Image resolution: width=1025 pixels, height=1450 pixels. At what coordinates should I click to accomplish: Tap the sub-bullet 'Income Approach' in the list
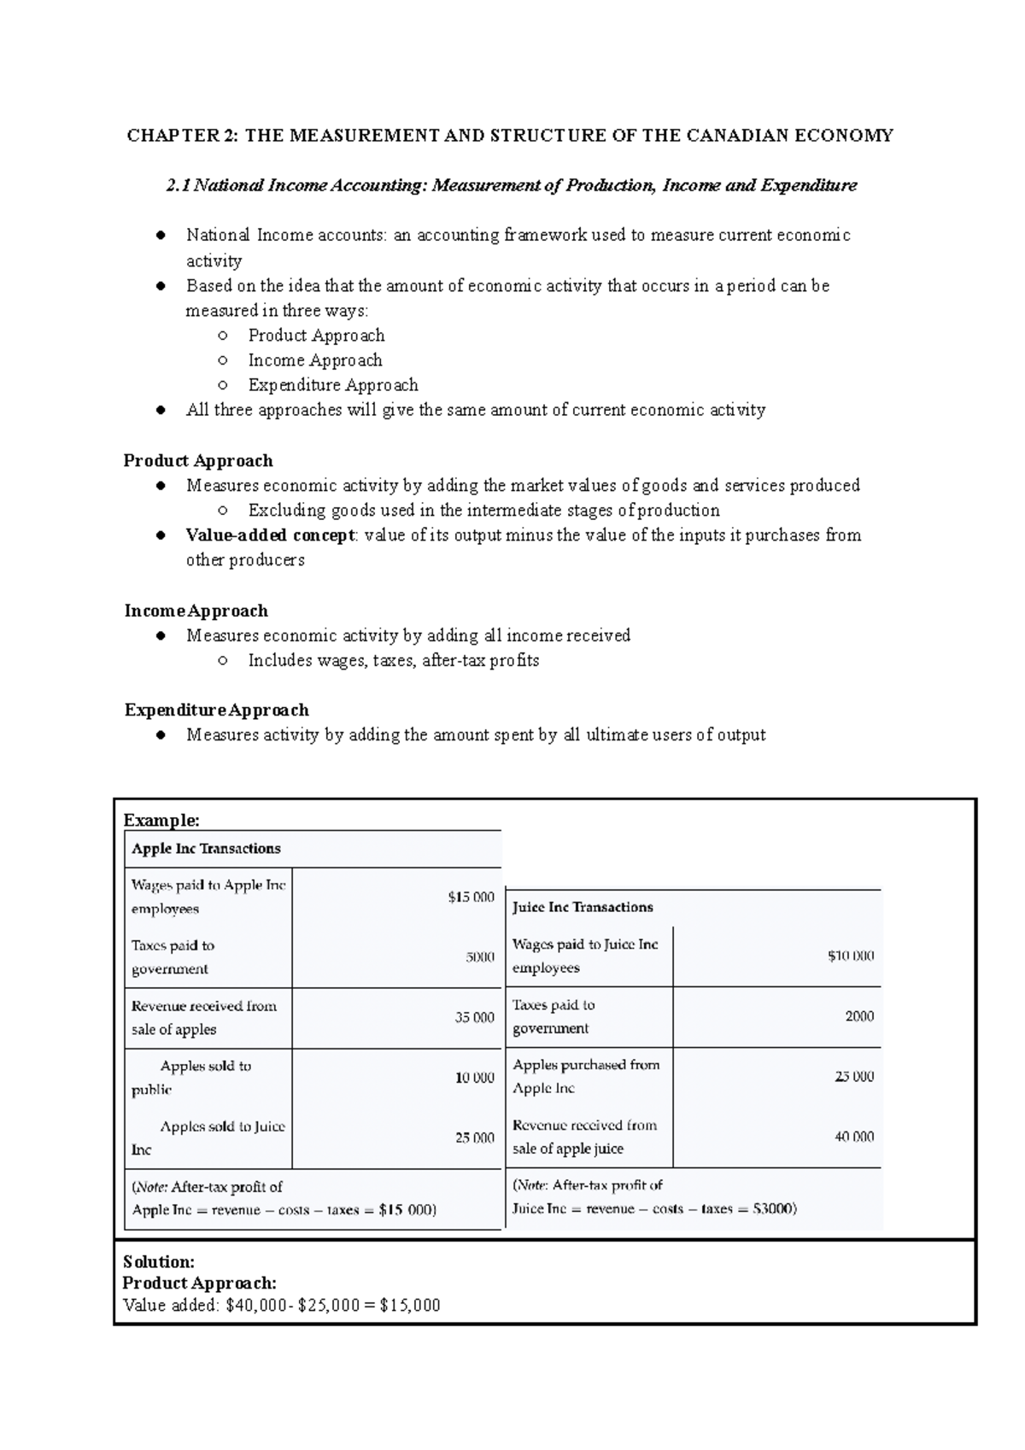314,360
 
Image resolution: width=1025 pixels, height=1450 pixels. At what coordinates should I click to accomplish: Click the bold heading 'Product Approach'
198,461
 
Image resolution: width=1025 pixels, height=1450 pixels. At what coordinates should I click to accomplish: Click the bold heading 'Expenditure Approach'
216,710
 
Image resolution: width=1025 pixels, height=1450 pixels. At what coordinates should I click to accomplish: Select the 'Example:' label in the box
161,821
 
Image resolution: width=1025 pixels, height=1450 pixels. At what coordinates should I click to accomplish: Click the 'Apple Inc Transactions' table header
206,849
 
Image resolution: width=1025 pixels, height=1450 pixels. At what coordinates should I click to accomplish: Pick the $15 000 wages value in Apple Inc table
471,897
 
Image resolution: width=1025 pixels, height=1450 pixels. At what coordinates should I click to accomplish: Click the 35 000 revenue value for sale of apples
474,1018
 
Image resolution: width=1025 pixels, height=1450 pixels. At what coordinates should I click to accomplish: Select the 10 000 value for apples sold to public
474,1078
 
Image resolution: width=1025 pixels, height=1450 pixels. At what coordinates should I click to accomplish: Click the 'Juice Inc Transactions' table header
583,908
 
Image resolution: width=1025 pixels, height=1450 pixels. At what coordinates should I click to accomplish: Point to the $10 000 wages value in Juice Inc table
850,956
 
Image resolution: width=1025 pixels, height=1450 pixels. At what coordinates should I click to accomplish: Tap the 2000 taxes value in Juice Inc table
859,1016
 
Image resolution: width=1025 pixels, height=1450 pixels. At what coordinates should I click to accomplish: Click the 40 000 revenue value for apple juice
854,1137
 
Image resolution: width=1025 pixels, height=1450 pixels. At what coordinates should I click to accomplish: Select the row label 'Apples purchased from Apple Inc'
585,1076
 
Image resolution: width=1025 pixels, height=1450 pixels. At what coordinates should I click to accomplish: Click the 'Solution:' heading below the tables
159,1262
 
